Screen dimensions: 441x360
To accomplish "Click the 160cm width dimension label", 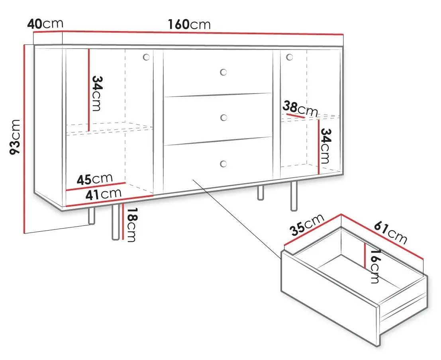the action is (189, 24).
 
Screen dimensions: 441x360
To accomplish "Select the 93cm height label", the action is (15, 137).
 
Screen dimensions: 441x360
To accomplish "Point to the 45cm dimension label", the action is (94, 179).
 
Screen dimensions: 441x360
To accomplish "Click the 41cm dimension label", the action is (104, 194).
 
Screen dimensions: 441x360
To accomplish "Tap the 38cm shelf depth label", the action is (300, 109).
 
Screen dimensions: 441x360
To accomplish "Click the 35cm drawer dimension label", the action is (307, 225).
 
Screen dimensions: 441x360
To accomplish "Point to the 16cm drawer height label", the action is (374, 266).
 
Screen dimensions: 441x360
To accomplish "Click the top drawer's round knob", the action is (223, 72).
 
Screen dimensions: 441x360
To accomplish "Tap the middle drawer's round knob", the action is (223, 118).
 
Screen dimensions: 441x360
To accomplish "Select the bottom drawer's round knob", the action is (223, 164).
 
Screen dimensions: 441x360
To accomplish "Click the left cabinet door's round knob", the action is (146, 57).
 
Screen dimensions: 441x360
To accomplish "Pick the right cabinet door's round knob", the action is (289, 57).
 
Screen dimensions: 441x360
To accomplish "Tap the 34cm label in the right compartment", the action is (326, 146).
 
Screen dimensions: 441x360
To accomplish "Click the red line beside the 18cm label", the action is (123, 222).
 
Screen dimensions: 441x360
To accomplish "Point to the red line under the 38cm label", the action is (296, 115).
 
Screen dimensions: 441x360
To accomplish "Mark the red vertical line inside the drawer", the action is (365, 255).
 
